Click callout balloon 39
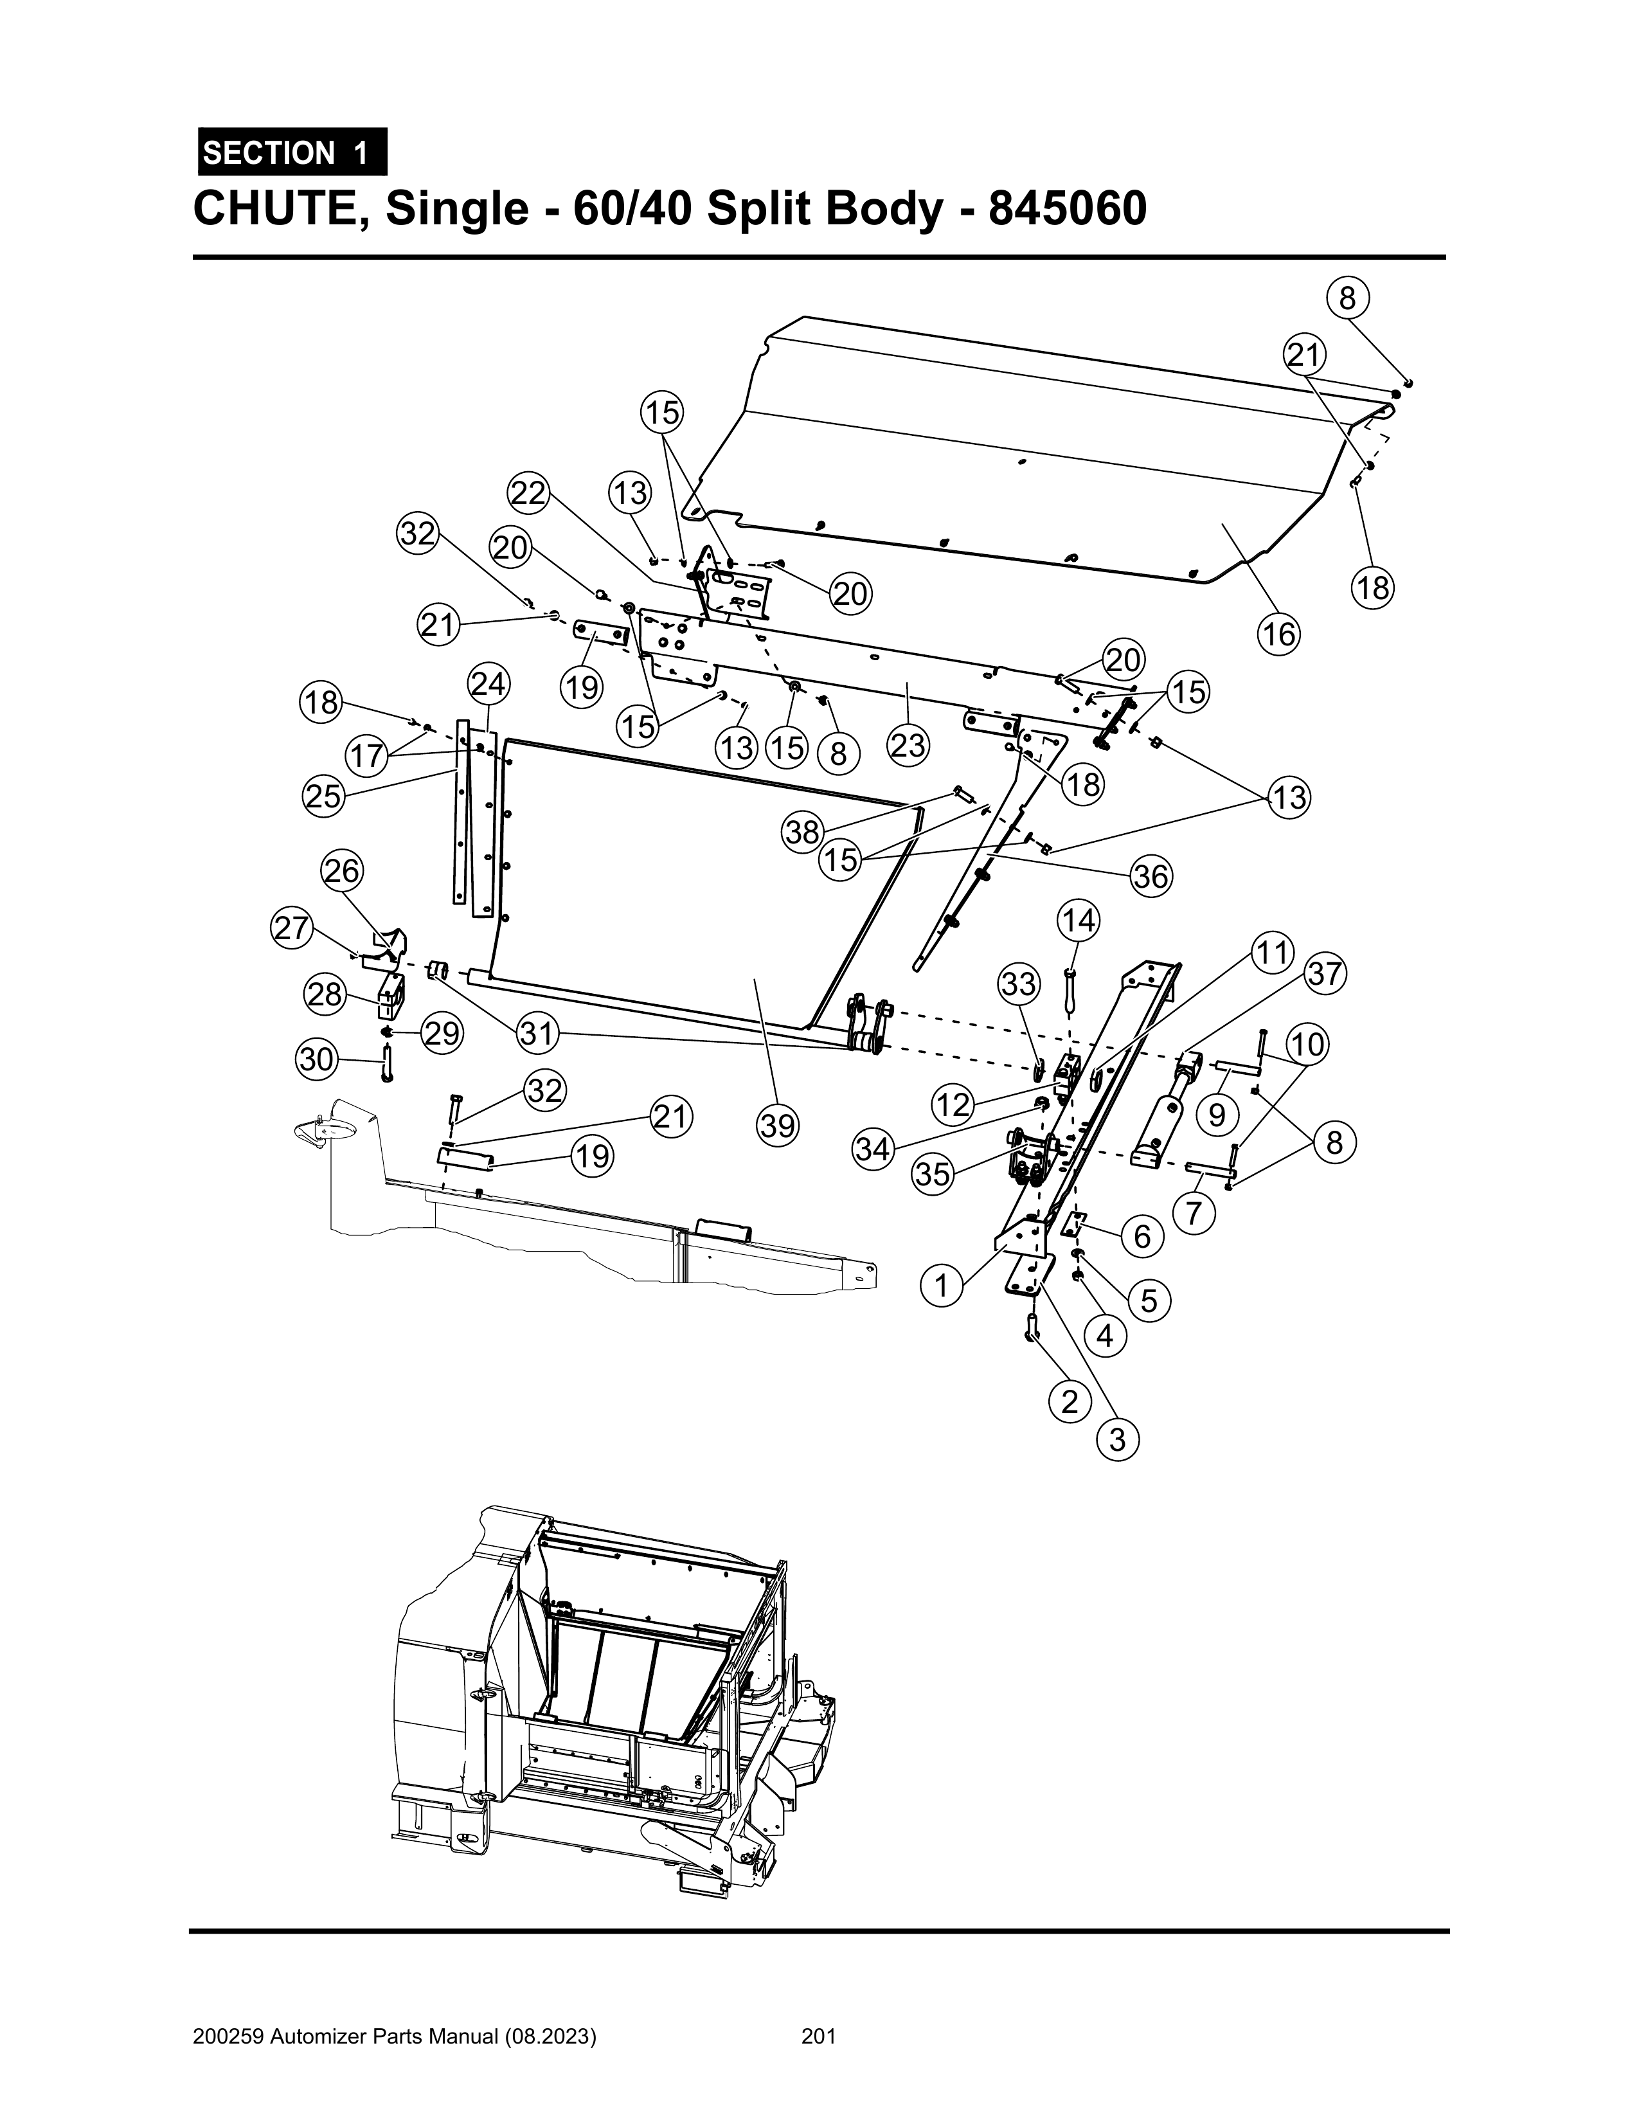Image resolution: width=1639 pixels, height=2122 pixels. (x=778, y=1126)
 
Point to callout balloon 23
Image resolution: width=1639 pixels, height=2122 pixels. (x=908, y=747)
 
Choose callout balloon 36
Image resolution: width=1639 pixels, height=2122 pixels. (x=1151, y=877)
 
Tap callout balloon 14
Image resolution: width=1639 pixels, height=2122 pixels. (x=1077, y=919)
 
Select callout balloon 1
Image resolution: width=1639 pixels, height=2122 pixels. (x=940, y=1286)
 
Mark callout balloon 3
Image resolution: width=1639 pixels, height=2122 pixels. (x=1117, y=1439)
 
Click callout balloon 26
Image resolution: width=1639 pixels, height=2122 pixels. (x=342, y=872)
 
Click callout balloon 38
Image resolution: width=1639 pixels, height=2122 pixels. (x=803, y=832)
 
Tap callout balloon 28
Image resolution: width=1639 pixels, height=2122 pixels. (x=325, y=994)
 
